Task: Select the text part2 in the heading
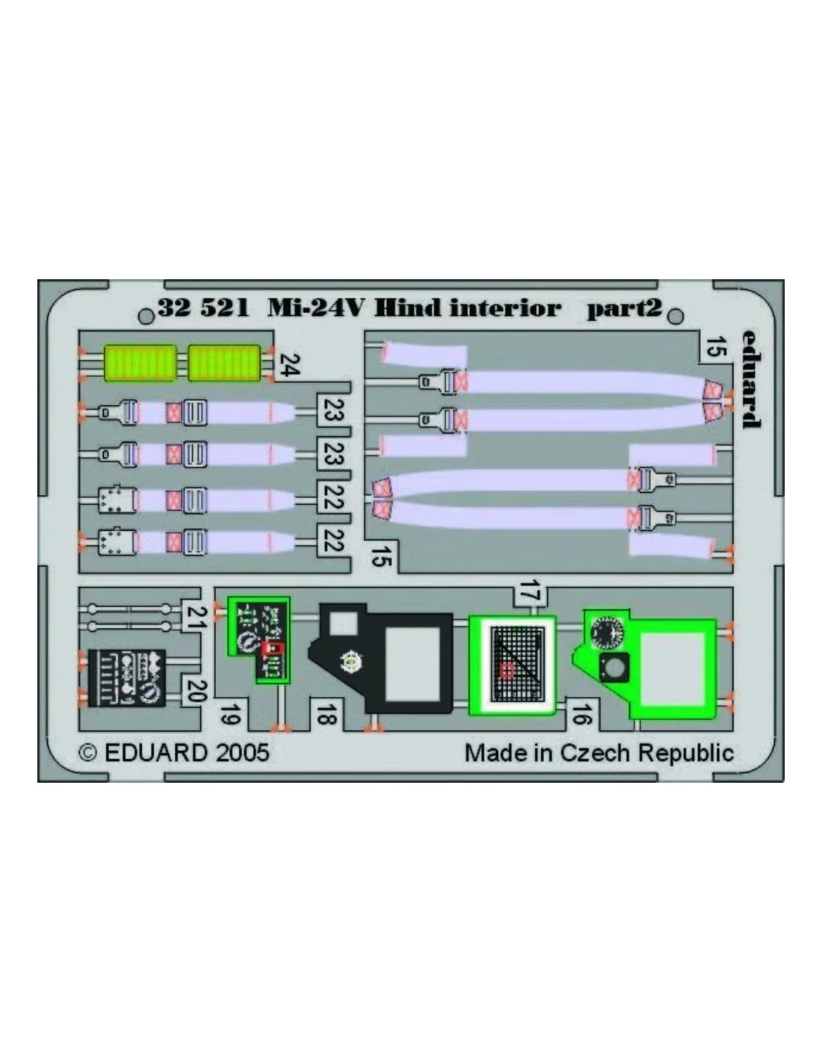[624, 309]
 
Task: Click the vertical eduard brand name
[750, 379]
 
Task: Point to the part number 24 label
[289, 365]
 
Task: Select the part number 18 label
[326, 713]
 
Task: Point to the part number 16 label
[581, 714]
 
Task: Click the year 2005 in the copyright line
[242, 753]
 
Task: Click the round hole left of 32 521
[146, 317]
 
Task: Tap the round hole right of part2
[676, 316]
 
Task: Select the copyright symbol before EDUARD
[88, 753]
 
